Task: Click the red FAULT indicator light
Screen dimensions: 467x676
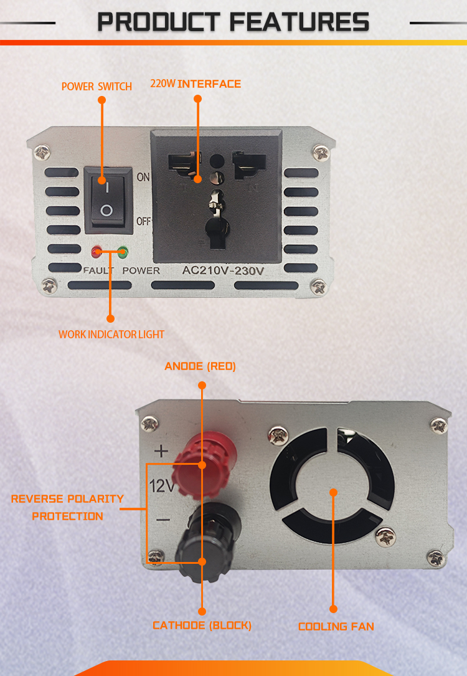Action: pos(97,252)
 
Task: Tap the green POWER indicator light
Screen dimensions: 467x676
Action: pos(123,252)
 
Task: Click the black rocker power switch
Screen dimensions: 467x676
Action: pos(108,201)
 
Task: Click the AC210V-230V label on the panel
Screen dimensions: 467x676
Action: pos(223,271)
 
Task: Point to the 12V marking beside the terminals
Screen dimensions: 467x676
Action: pos(161,486)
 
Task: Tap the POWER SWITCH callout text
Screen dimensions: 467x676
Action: pos(97,87)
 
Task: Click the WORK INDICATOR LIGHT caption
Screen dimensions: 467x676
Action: pos(111,335)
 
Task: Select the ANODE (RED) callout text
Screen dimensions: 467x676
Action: pos(200,366)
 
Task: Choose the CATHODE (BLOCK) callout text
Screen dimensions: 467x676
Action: pos(202,626)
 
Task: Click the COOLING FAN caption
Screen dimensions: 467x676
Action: pos(336,626)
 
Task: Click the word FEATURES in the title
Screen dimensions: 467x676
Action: pos(300,22)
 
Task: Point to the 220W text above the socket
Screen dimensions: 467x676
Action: pos(163,83)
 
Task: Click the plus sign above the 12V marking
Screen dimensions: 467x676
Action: pos(161,451)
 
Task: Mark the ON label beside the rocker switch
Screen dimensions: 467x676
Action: pos(143,177)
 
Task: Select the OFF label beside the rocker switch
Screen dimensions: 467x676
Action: pos(144,221)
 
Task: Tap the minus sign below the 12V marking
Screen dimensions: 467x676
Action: pos(163,520)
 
